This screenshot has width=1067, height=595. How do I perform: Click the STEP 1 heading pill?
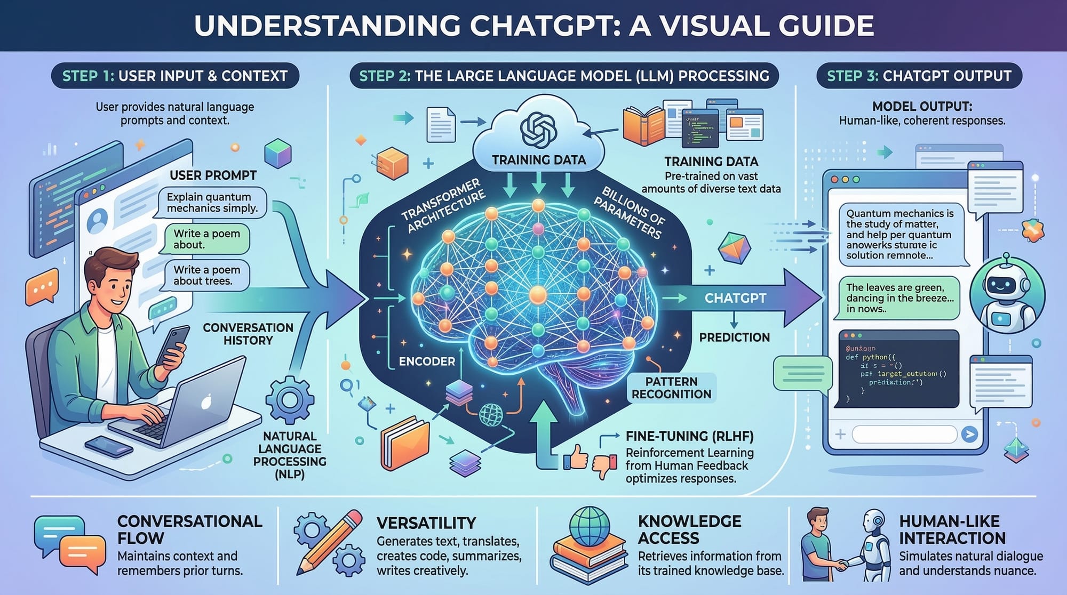pos(174,76)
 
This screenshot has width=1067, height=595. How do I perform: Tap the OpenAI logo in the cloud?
pos(538,130)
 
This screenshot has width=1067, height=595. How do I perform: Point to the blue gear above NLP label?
pos(290,400)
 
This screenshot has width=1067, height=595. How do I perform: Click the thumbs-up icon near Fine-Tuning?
pos(577,457)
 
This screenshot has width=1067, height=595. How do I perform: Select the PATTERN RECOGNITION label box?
pos(671,388)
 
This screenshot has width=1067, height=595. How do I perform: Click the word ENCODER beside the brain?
pos(427,361)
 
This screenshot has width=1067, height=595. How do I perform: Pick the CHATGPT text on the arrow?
pos(735,298)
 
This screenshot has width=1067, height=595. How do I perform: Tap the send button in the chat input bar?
pos(969,434)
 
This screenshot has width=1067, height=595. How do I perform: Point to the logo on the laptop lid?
pos(206,401)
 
